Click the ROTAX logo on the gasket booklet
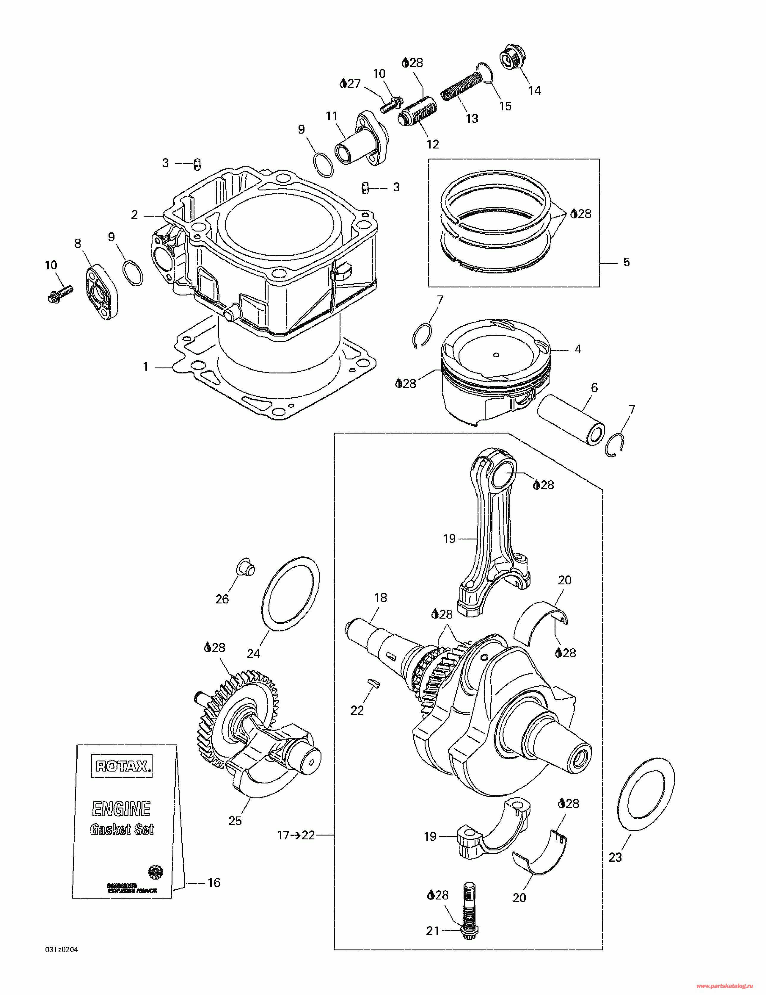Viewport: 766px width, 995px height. (122, 766)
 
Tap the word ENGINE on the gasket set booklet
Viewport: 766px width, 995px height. (121, 809)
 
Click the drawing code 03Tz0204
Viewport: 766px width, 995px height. (62, 950)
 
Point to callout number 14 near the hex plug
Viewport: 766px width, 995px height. (535, 91)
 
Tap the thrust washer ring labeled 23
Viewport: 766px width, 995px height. (646, 788)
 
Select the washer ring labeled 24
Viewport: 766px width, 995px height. (291, 593)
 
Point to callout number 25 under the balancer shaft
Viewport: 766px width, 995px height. (235, 821)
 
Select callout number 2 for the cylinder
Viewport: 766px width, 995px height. (134, 215)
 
